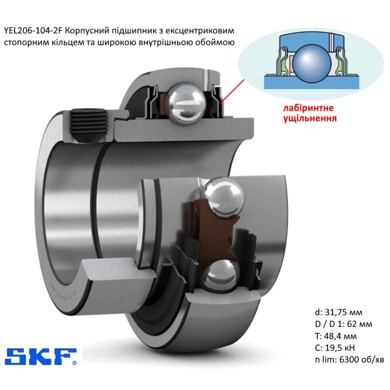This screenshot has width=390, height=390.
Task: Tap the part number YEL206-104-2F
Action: [x=34, y=30]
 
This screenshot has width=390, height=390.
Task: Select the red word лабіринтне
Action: [x=308, y=108]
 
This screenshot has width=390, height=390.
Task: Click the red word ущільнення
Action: [x=310, y=118]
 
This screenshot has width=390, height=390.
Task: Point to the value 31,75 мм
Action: [x=344, y=312]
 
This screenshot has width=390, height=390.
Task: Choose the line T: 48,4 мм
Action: [x=336, y=336]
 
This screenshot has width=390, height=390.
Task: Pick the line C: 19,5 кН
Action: [x=335, y=348]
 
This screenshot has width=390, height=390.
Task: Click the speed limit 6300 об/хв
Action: [x=362, y=360]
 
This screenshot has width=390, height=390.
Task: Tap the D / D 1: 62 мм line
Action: [x=344, y=324]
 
